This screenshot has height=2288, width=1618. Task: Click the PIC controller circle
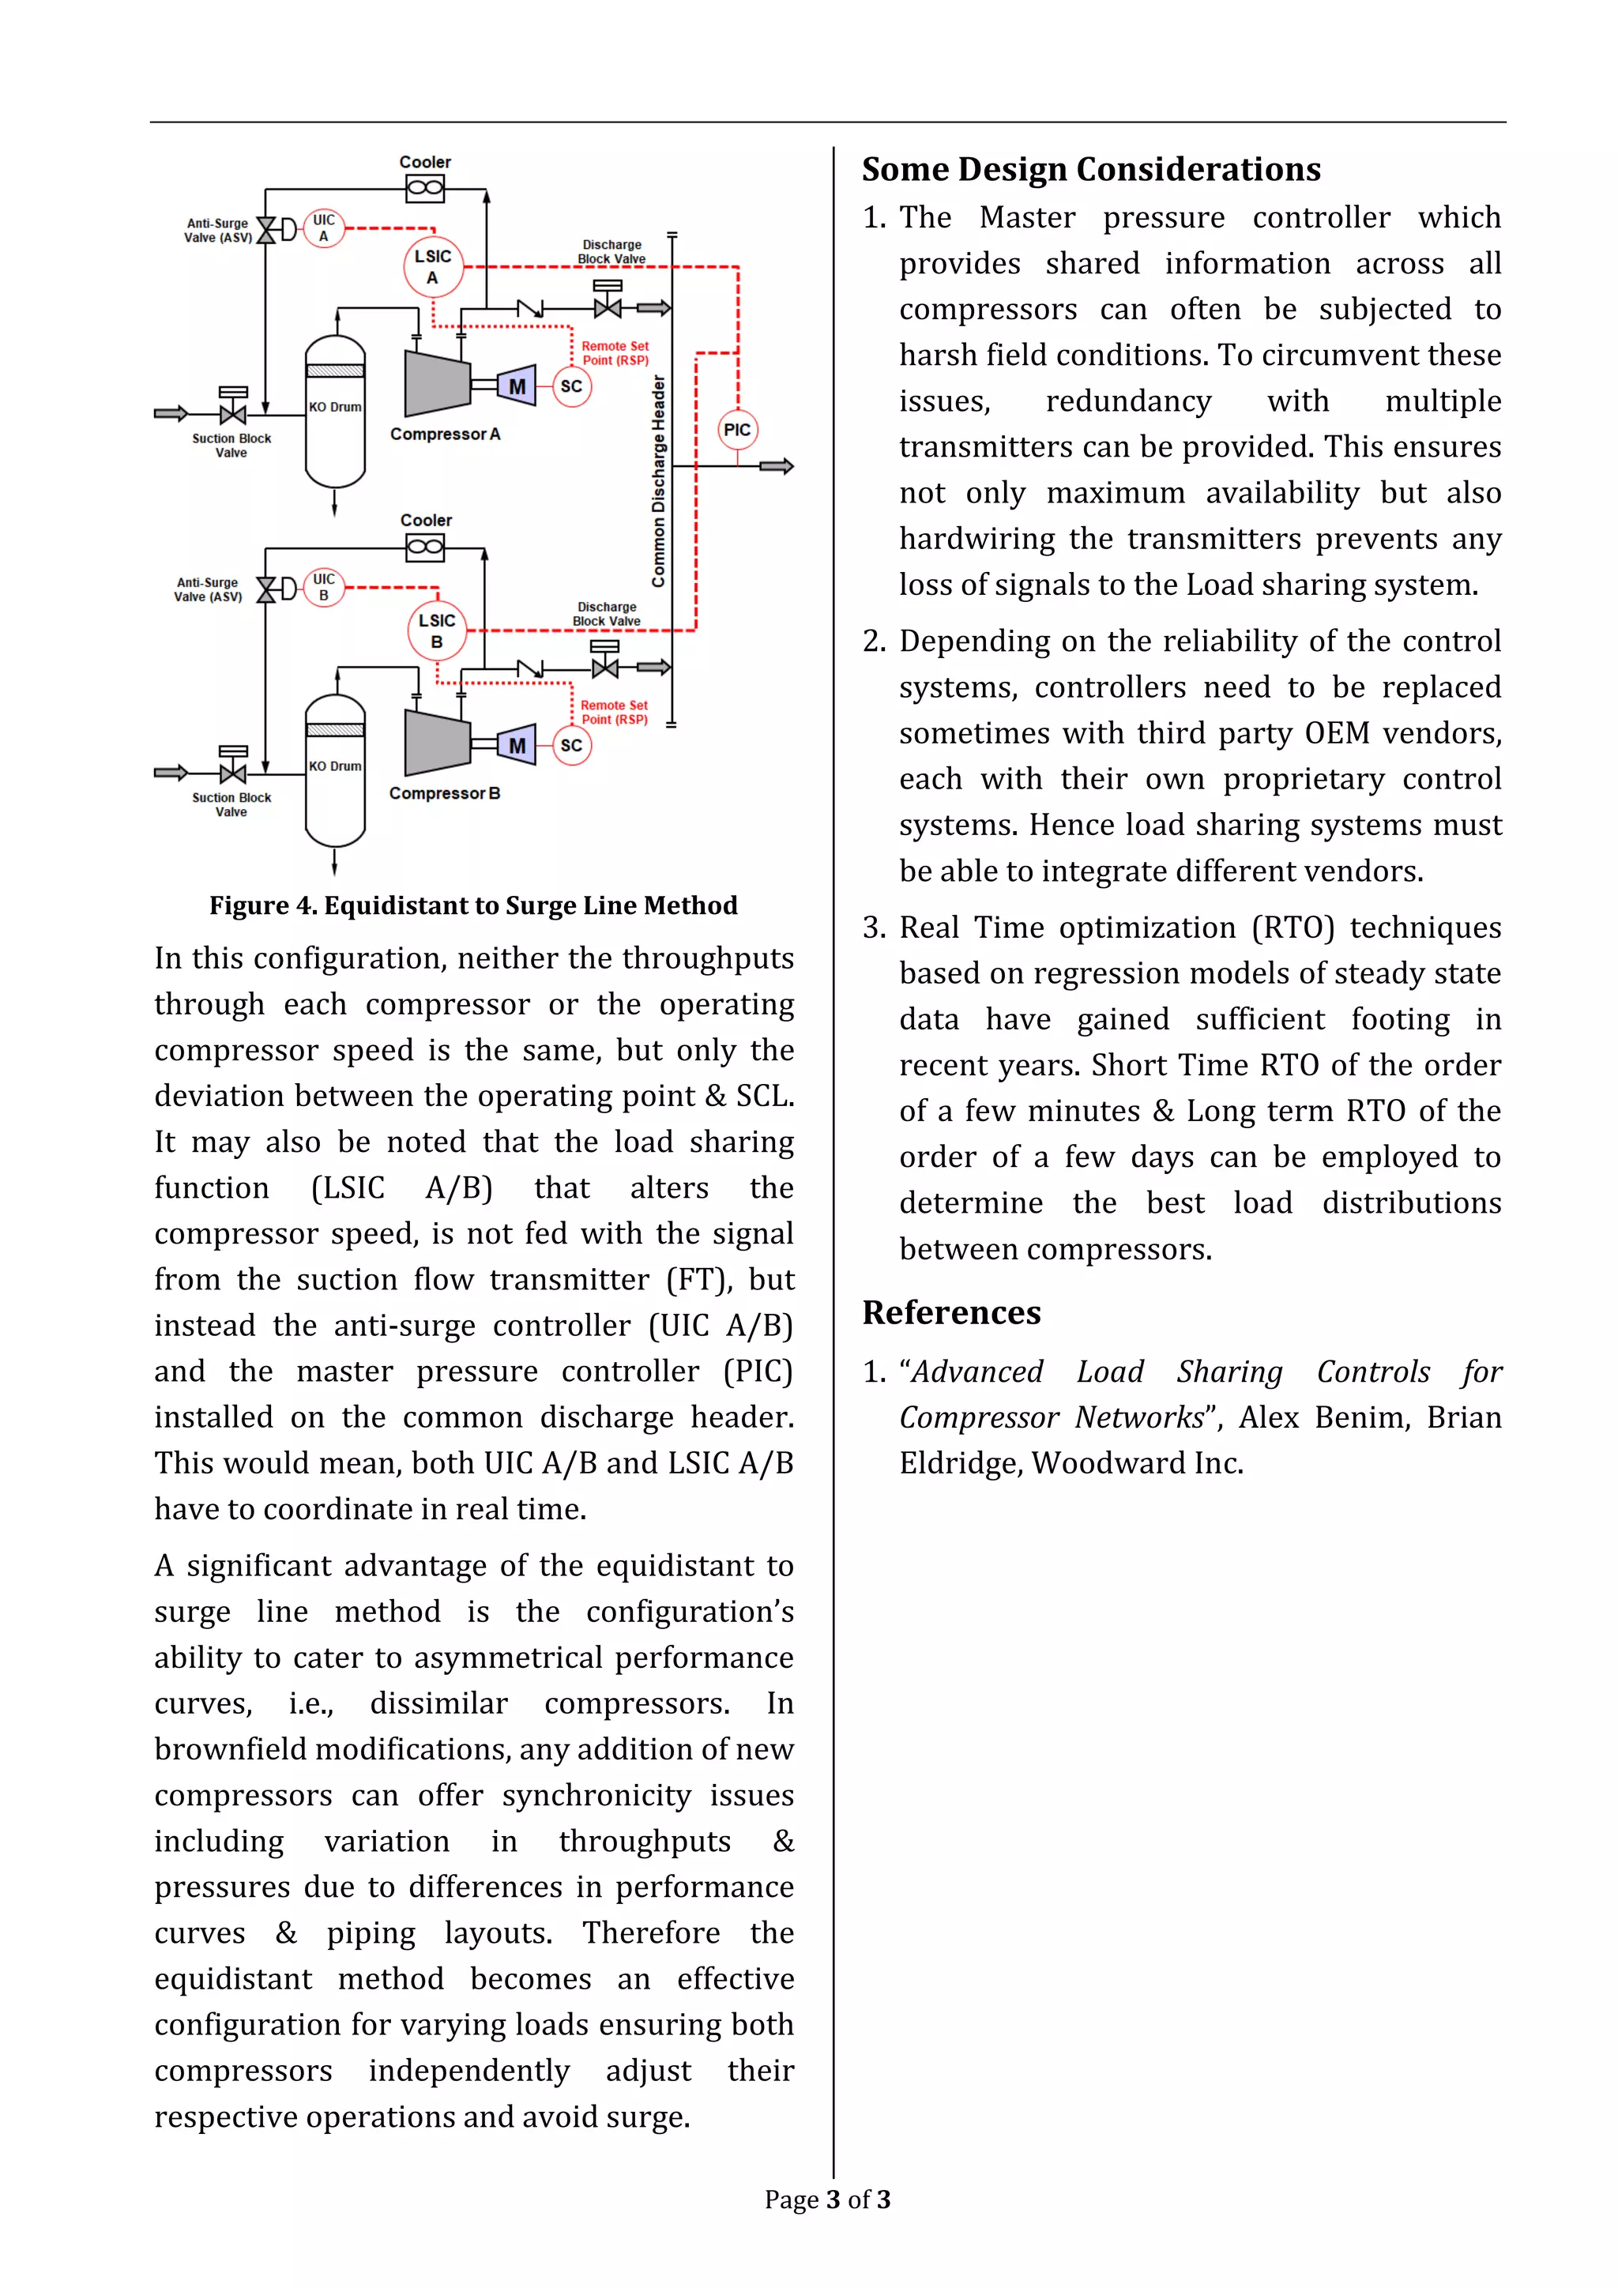tap(737, 430)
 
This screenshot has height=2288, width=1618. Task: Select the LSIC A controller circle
tap(434, 267)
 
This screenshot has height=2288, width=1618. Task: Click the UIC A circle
tap(324, 228)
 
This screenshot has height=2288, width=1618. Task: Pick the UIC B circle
tap(324, 587)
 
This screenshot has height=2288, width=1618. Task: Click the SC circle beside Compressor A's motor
tap(571, 386)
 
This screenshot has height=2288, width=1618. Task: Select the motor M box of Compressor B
tap(517, 745)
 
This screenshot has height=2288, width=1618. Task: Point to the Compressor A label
tap(444, 435)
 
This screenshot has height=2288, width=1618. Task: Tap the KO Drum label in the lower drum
tap(335, 766)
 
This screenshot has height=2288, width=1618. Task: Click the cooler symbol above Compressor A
tap(425, 187)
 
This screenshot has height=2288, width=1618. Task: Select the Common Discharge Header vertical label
tap(659, 481)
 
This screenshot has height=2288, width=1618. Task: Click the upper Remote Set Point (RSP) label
tap(615, 354)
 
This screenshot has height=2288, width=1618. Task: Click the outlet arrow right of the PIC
tap(777, 466)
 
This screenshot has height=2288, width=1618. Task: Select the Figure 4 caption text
tap(473, 905)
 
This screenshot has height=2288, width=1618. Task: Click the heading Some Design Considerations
tap(1091, 169)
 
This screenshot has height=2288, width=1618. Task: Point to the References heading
tap(951, 1312)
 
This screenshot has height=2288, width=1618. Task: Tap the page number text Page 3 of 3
tap(827, 2200)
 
